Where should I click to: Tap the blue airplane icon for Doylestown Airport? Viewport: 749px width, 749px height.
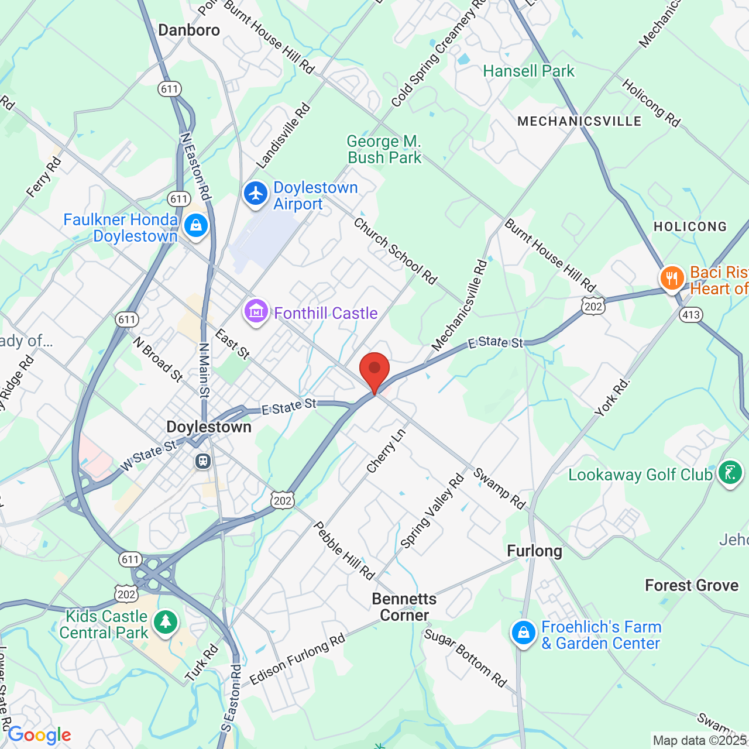click(256, 194)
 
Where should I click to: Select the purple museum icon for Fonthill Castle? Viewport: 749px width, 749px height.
click(256, 311)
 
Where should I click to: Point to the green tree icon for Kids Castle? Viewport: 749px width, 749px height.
click(166, 621)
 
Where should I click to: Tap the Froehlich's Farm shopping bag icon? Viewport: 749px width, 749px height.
click(523, 633)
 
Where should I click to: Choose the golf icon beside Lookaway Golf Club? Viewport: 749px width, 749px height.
click(730, 472)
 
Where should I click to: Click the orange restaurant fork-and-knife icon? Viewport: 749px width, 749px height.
click(672, 279)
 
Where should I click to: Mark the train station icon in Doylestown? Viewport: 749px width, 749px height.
click(203, 461)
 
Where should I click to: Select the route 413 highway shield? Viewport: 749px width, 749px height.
click(690, 315)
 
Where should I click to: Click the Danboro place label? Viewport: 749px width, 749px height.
click(189, 30)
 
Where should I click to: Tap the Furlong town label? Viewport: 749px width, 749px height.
click(534, 551)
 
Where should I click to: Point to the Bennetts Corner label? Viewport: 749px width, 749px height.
click(404, 607)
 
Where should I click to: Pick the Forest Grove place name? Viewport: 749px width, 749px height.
click(692, 585)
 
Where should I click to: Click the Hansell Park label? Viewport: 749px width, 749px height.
click(528, 71)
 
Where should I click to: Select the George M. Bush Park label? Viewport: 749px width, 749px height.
click(384, 149)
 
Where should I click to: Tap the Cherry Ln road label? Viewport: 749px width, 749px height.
click(386, 451)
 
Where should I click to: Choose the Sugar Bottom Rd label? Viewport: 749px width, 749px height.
click(465, 658)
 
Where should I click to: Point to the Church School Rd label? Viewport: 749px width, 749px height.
click(395, 251)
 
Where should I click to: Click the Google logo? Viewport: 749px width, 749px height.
click(39, 735)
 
